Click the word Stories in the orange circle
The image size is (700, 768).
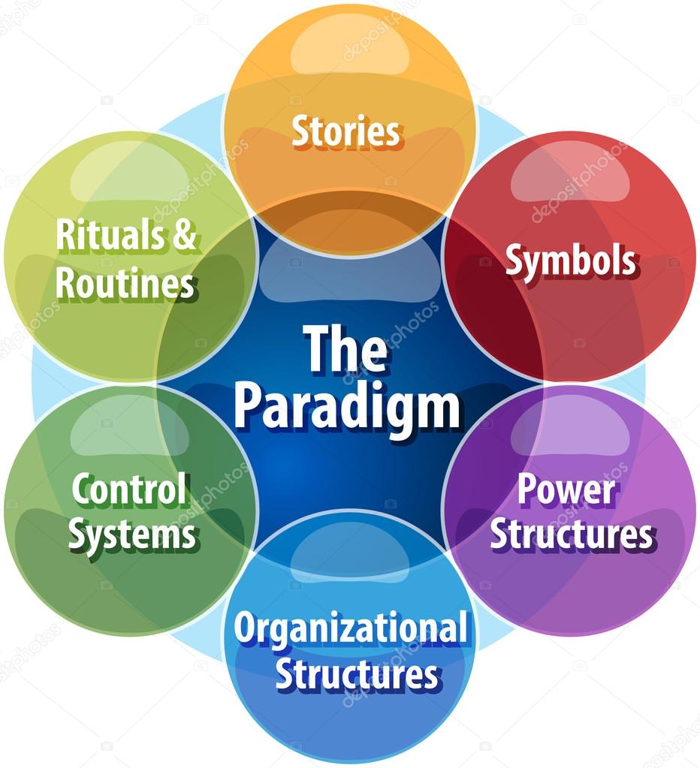(346, 131)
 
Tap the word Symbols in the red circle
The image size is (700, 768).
(571, 261)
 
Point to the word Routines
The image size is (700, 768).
(126, 284)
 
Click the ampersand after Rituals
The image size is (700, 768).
(184, 235)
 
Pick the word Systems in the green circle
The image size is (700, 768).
(132, 535)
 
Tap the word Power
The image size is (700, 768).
(567, 489)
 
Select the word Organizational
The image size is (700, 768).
(351, 630)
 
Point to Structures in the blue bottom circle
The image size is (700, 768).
(357, 674)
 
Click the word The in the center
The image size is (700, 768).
(347, 349)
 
